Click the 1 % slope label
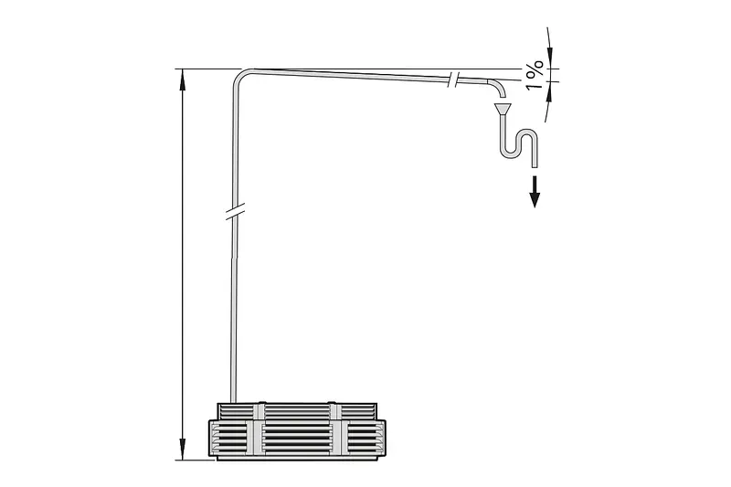[x=535, y=75]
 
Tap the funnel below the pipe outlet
[x=503, y=109]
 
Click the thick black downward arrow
[x=535, y=191]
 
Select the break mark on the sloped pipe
[x=453, y=79]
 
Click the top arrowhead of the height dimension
[x=182, y=79]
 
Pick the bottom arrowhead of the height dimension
[x=182, y=449]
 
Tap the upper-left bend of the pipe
[x=240, y=78]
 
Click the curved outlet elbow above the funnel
[x=497, y=88]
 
